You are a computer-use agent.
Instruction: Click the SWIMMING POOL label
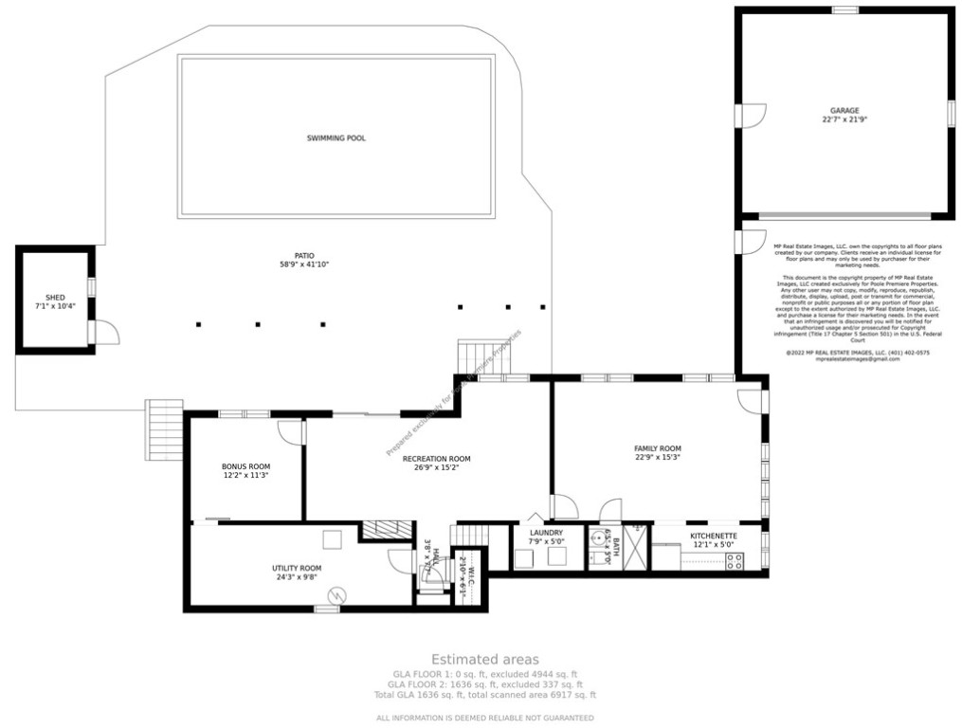pyautogui.click(x=336, y=138)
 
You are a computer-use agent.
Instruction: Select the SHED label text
pyautogui.click(x=55, y=298)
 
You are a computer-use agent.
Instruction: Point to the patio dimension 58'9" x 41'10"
pyautogui.click(x=303, y=264)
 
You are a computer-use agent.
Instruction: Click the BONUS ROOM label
pyautogui.click(x=245, y=466)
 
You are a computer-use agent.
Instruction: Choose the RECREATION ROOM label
pyautogui.click(x=436, y=459)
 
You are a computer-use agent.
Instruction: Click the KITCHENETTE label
pyautogui.click(x=713, y=536)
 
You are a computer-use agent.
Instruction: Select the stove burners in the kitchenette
pyautogui.click(x=734, y=560)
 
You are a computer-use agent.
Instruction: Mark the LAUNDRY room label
pyautogui.click(x=546, y=533)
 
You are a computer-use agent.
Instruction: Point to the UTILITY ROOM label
pyautogui.click(x=298, y=569)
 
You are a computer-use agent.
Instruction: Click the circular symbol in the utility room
pyautogui.click(x=336, y=595)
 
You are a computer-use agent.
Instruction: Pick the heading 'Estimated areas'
pyautogui.click(x=484, y=659)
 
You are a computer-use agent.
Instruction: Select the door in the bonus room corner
pyautogui.click(x=290, y=432)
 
